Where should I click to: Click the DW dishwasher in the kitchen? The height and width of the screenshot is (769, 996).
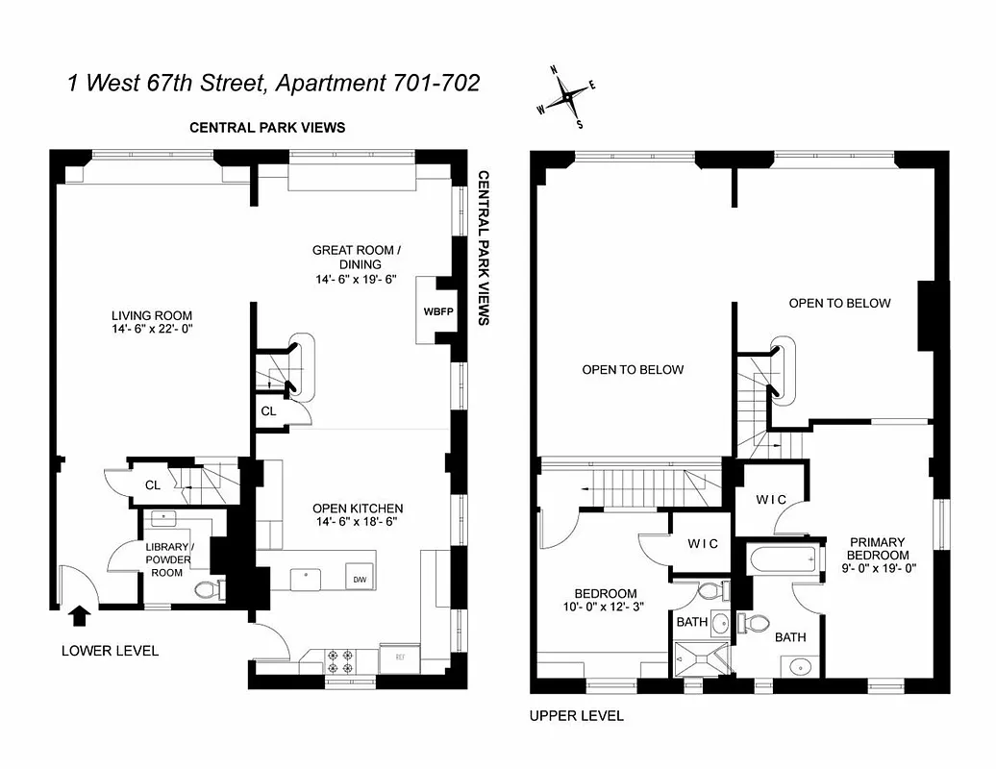coord(359,580)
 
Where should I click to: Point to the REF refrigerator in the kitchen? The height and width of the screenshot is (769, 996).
coord(397,657)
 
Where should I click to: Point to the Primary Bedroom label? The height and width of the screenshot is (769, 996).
coord(877,549)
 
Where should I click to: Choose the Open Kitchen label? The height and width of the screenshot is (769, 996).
coord(358,509)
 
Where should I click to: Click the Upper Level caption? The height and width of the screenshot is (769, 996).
coord(577,716)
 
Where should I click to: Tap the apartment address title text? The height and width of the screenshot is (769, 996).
coord(273,83)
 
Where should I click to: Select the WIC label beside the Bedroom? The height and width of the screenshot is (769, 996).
coord(703,544)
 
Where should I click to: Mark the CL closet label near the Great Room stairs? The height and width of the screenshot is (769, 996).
coord(268,411)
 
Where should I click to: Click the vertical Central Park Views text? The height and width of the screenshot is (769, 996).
coord(484,248)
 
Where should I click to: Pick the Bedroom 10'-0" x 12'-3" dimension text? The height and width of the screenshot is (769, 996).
coord(606,608)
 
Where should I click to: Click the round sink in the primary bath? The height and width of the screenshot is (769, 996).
coord(797,666)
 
